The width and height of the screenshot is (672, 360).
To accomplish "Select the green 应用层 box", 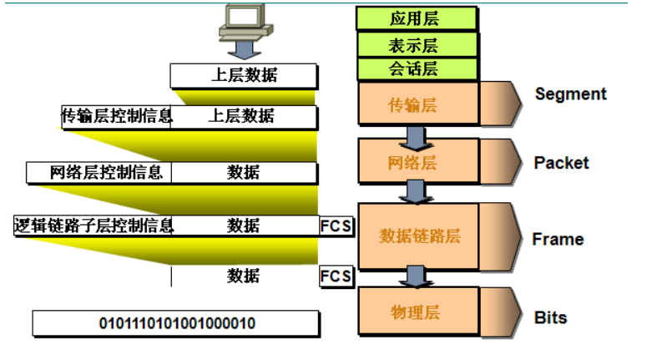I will click(x=416, y=18).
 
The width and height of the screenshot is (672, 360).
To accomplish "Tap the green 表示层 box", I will click(x=416, y=44).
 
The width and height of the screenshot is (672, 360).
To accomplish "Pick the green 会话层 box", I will click(x=416, y=68).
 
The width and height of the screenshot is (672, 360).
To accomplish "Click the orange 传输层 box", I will click(x=416, y=104).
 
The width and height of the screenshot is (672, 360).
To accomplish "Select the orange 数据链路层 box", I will click(x=417, y=236).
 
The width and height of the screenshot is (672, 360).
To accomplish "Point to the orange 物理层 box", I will click(x=416, y=312).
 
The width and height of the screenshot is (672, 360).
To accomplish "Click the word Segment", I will click(x=571, y=94).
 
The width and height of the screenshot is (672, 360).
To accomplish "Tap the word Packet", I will click(x=561, y=162).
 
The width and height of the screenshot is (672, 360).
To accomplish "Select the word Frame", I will click(x=558, y=239).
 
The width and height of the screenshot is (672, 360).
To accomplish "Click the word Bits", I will click(x=550, y=317).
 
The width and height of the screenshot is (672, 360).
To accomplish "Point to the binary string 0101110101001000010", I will click(x=177, y=323).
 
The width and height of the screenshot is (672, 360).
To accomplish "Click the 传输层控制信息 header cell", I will click(x=117, y=116).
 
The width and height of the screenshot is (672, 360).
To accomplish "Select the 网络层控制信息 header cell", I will click(x=99, y=173).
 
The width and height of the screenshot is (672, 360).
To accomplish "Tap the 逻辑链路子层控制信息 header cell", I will click(x=93, y=226).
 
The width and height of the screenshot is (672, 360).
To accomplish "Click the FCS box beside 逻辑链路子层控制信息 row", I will click(x=336, y=226).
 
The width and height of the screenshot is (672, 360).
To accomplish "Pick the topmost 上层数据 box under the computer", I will click(x=243, y=75).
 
